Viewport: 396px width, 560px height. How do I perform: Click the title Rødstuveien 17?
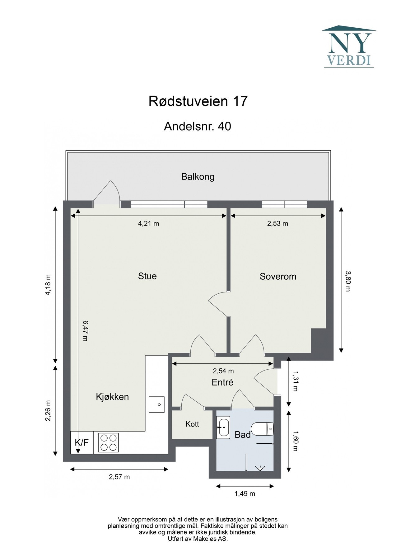coord(198,101)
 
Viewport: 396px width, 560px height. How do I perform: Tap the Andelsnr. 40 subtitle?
coord(198,126)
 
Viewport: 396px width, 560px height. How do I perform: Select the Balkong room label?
coord(198,177)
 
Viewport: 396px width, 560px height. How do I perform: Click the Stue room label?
coord(147,276)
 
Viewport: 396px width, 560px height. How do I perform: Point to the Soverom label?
coord(278,276)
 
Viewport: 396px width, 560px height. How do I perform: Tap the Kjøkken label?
coord(112,397)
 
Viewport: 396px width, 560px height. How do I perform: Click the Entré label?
coord(222,382)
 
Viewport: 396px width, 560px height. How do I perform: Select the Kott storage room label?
coord(192,424)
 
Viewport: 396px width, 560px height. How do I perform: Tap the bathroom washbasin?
coord(223,427)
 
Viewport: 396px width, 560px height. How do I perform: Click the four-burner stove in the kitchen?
coord(109,442)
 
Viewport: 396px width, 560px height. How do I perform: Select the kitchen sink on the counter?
coord(156,404)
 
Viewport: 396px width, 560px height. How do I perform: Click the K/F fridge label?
coord(82,442)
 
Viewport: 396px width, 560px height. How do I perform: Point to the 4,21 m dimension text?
coord(148,223)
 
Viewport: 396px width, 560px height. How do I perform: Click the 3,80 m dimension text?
coord(348,281)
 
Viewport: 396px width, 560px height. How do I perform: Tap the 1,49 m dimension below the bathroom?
coord(245,493)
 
